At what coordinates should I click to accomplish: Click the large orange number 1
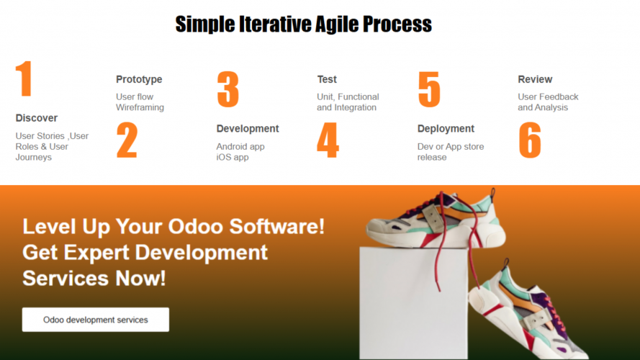point(24,78)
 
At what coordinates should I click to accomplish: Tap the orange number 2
point(127,140)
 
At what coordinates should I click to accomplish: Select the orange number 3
point(227,89)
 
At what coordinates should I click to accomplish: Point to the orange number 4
point(328,140)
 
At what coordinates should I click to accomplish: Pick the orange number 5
point(429,89)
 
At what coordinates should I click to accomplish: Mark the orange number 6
point(530,140)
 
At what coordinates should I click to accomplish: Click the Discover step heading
point(36,118)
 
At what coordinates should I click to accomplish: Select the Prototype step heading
point(139,80)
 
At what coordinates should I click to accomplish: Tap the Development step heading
point(248,129)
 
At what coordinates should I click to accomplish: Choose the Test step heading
point(327,79)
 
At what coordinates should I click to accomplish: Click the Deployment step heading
point(446,129)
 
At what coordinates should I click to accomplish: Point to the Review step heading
point(535,79)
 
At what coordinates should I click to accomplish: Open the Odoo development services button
point(96,320)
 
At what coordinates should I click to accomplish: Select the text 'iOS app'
point(233,157)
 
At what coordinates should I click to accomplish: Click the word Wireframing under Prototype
point(140,107)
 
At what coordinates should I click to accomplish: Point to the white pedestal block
point(413,303)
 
